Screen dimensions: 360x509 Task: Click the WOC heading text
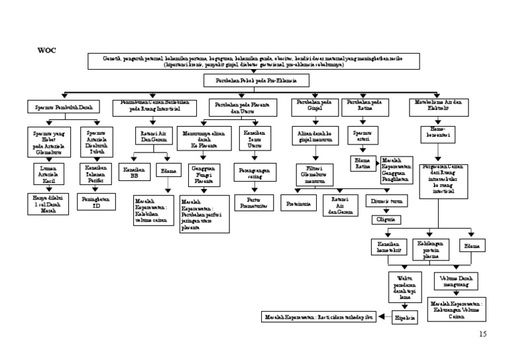point(46,50)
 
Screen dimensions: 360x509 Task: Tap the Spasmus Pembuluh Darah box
point(64,106)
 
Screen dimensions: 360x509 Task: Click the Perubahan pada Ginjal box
point(314,106)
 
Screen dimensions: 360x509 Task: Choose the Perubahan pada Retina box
point(364,106)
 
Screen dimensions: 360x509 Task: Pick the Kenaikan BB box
point(135,172)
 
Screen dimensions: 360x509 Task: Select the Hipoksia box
point(405,318)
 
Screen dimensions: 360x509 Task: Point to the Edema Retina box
point(363,163)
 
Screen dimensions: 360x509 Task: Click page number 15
point(482,334)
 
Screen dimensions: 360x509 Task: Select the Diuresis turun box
point(386,200)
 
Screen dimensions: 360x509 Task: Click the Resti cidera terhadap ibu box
point(319,317)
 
